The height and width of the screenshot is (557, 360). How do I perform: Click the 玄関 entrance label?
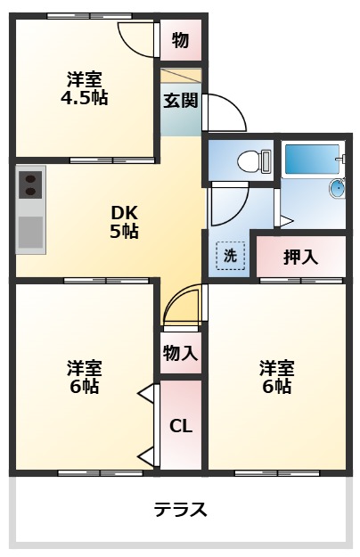[180, 101]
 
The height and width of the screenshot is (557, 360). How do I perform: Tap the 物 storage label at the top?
[180, 40]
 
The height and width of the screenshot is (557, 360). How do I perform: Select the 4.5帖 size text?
[84, 98]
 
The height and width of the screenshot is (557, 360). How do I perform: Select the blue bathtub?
[312, 159]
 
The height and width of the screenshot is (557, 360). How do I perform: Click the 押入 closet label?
[300, 258]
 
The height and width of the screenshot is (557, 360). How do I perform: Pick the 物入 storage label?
[180, 353]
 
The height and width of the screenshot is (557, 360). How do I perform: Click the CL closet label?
[181, 426]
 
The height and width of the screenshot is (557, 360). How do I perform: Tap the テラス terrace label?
[181, 510]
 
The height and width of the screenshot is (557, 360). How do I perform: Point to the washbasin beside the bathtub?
[338, 188]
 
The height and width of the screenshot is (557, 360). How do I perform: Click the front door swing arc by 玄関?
[225, 111]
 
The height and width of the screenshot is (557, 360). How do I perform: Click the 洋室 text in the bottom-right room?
[277, 367]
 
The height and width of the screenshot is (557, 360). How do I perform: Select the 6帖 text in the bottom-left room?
[84, 387]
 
